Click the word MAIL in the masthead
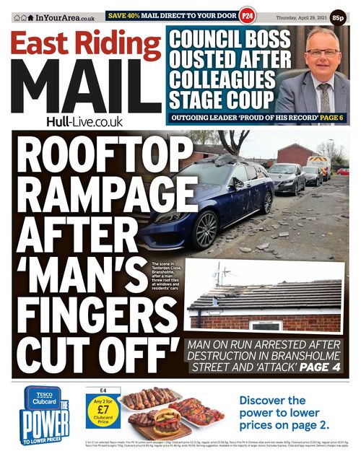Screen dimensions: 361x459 (x=85, y=87)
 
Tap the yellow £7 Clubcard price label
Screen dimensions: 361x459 (x=103, y=412)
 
